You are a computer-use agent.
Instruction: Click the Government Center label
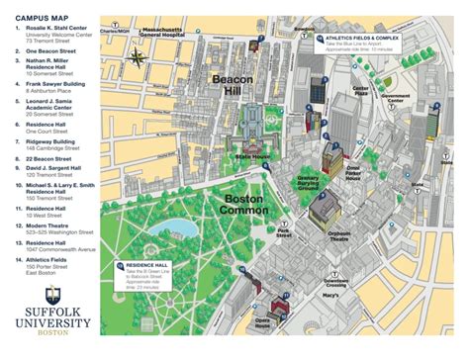pyautogui.click(x=395, y=98)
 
